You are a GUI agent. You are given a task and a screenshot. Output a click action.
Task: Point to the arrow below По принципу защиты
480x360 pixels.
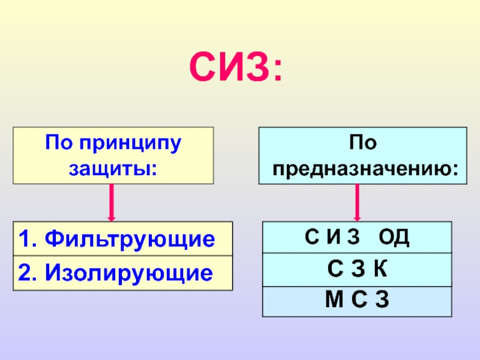[112, 202]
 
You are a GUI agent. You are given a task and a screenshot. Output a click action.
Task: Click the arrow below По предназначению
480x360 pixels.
[358, 202]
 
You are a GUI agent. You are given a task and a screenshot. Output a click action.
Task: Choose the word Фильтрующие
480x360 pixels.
[130, 239]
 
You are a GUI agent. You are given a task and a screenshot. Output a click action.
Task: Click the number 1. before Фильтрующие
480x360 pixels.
[28, 239]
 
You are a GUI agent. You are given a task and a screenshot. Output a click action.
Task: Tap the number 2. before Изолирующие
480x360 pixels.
[28, 274]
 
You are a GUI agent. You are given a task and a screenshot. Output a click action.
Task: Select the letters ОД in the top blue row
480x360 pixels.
[394, 237]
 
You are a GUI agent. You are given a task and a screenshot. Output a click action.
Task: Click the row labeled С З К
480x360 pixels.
[357, 269]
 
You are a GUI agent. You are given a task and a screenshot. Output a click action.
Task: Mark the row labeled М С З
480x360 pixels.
[357, 301]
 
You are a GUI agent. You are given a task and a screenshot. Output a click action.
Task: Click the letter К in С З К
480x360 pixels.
[379, 269]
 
